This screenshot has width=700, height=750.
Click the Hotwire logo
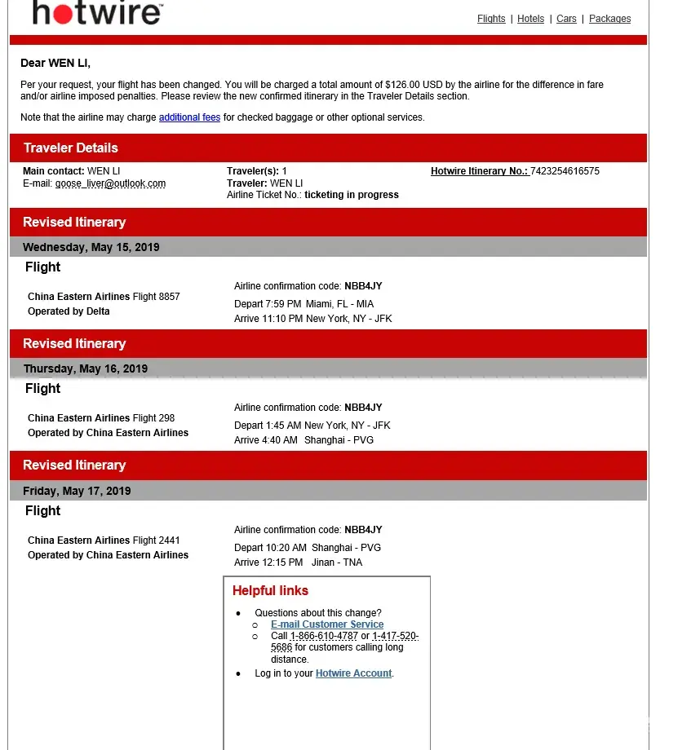click(97, 13)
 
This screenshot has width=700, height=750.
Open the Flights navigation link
click(491, 19)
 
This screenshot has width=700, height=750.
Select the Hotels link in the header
click(530, 19)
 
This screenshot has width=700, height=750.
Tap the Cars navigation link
click(566, 19)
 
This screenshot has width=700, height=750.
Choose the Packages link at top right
click(609, 19)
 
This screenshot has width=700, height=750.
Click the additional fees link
click(189, 117)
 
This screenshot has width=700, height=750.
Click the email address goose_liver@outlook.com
click(110, 183)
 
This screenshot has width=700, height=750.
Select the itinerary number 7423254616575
click(565, 171)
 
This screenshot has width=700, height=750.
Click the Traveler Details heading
click(71, 148)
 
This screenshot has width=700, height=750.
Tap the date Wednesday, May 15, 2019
click(91, 247)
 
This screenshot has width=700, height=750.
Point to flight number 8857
click(169, 297)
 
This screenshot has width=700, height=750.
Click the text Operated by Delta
click(69, 311)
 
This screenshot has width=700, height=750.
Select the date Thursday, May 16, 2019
click(86, 368)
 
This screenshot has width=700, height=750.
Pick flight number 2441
click(169, 540)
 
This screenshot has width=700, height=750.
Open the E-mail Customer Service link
click(327, 624)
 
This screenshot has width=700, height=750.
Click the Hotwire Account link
click(353, 673)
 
